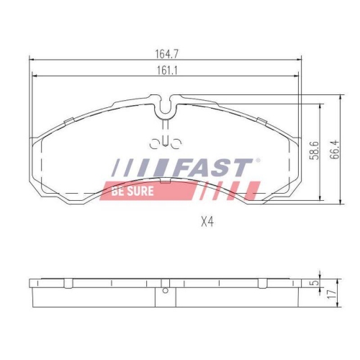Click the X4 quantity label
tap(208, 222)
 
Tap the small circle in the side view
tap(166, 290)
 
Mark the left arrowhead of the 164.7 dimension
tap(30, 59)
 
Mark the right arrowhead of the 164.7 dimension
tap(299, 59)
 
